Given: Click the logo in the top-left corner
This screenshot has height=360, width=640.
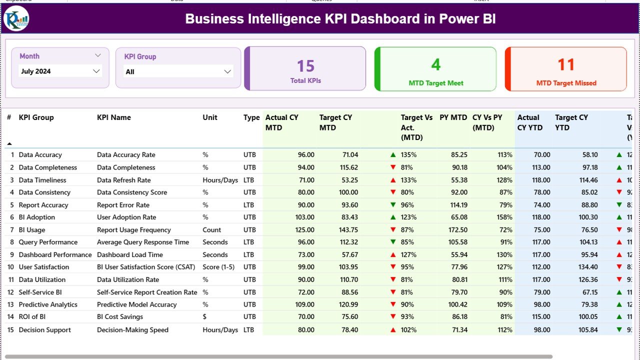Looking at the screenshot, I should tap(16, 18).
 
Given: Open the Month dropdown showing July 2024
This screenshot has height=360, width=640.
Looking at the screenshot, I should tap(61, 71).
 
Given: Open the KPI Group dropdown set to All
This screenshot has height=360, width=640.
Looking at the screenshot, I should tap(178, 72).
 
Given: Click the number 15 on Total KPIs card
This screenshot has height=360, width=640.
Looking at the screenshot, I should tap(305, 66).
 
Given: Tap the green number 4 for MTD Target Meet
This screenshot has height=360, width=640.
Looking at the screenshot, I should tap(436, 64).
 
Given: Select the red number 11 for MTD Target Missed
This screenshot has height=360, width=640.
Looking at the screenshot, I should tap(566, 64).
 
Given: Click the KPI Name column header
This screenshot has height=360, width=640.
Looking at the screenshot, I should tap(114, 117).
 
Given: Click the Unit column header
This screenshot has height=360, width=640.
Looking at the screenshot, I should tap(210, 117).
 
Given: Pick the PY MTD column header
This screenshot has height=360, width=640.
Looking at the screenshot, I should tap(453, 117).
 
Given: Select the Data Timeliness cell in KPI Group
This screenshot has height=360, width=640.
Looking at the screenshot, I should tap(42, 180).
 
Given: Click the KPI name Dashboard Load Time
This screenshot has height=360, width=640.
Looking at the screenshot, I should tap(130, 254).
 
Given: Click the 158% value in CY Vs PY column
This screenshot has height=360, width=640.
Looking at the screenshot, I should tap(504, 217).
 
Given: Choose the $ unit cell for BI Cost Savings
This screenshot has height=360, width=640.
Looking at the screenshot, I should tap(205, 317).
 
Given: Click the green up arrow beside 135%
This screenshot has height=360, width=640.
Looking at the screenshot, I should tap(393, 155).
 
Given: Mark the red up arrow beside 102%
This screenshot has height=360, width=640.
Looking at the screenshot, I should tap(393, 330).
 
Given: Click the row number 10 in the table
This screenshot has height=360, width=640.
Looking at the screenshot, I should tap(9, 267).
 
